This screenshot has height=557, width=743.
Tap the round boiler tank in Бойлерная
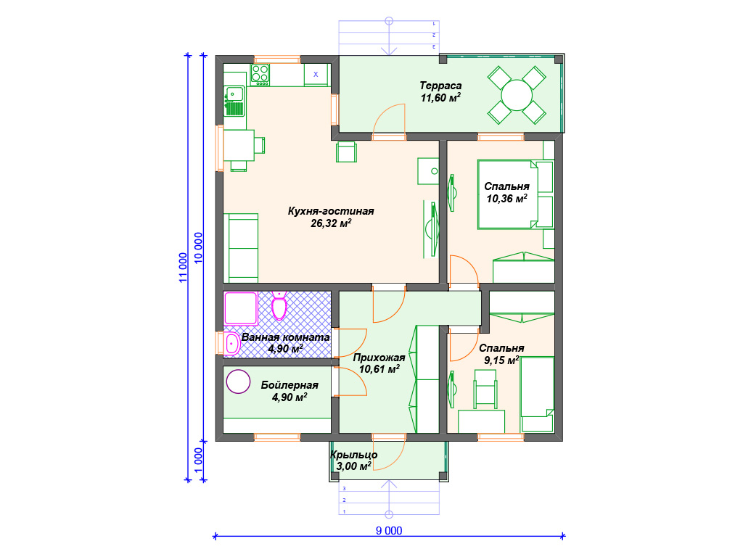(238, 381)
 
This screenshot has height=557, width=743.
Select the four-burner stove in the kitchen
(260, 75)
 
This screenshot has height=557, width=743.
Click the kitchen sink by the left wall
(234, 101)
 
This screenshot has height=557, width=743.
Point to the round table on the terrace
(517, 95)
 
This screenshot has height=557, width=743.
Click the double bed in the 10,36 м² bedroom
(516, 194)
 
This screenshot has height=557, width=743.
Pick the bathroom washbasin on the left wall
(231, 343)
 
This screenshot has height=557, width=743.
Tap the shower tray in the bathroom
(241, 308)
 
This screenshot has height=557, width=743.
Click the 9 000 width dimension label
(389, 530)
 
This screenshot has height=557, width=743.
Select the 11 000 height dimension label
(183, 267)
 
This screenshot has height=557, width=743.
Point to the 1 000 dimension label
(199, 460)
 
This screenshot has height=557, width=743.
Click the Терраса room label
(440, 86)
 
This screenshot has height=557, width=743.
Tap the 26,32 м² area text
(331, 223)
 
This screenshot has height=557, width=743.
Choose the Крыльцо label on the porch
(353, 455)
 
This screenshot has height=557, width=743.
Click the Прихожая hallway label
(379, 358)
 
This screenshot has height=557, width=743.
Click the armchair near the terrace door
(346, 152)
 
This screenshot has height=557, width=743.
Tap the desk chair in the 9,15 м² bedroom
(485, 389)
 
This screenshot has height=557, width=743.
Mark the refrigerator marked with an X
(316, 75)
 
